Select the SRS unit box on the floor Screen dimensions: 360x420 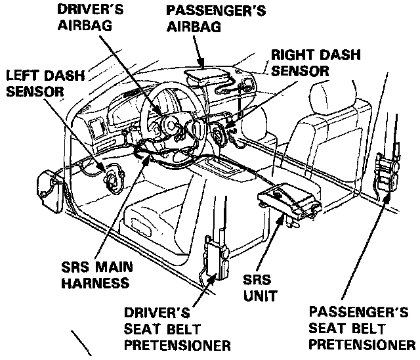(288, 200)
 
